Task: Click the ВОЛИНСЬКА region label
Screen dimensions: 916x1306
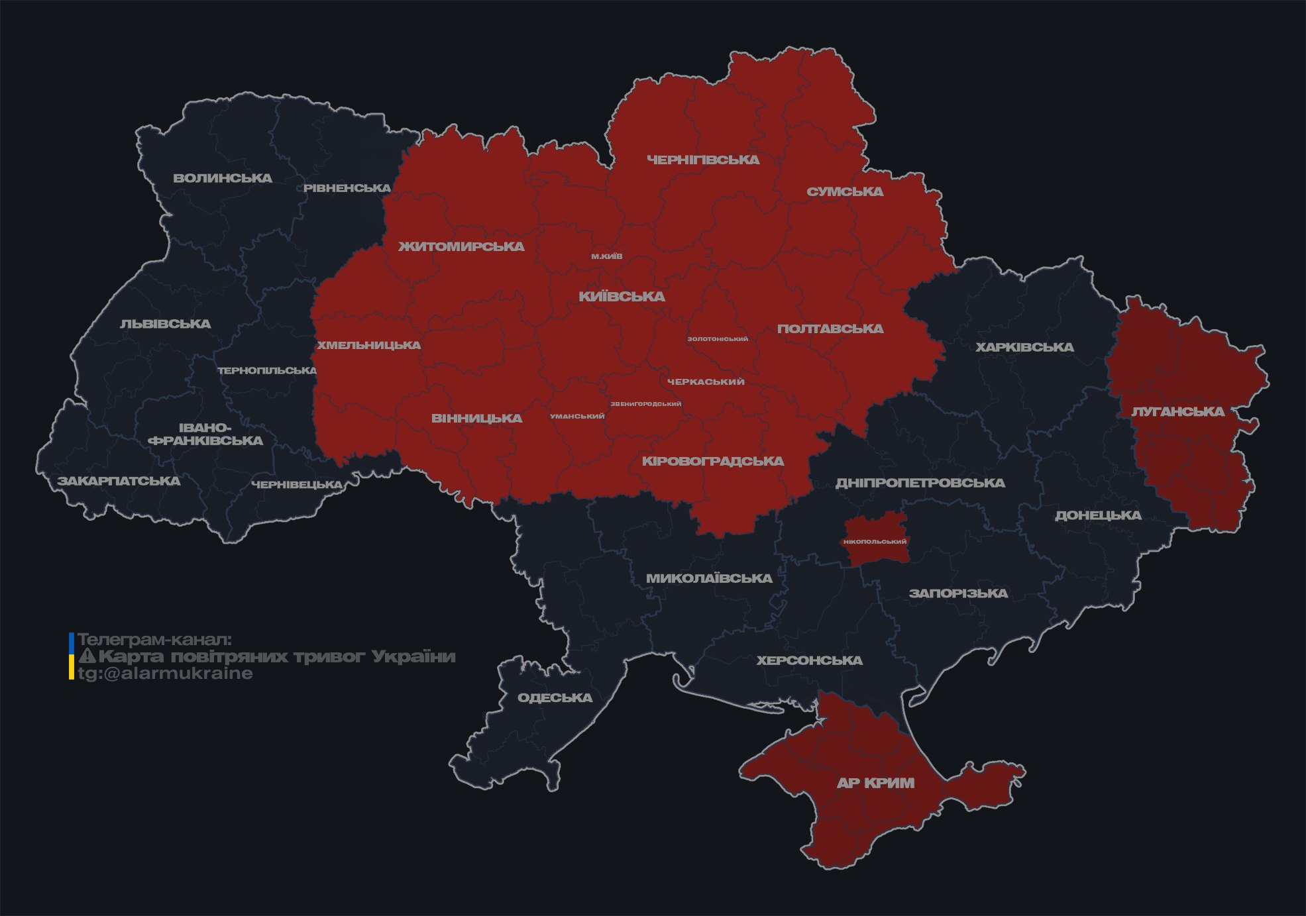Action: pos(223,178)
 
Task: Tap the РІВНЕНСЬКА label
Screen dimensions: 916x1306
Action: pos(347,188)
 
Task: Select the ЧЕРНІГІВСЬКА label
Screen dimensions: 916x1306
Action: pos(703,160)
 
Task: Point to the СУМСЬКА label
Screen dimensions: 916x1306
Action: pos(845,191)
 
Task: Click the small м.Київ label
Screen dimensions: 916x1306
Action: pos(607,256)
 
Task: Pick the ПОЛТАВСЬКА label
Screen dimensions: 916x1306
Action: pos(830,329)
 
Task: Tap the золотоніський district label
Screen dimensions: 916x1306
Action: pos(718,339)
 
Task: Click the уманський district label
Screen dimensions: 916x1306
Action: pos(577,417)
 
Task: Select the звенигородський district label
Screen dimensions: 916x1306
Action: pos(645,404)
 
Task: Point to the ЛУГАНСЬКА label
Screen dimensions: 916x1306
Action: pos(1178,411)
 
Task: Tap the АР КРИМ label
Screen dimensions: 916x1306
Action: pos(875,783)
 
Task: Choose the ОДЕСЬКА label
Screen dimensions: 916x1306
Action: pos(555,697)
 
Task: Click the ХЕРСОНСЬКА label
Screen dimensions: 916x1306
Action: pos(809,660)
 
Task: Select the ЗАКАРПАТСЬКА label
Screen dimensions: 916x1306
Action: pos(119,481)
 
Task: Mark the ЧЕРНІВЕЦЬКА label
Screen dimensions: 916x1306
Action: pos(297,485)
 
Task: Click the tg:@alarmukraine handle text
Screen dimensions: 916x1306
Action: pos(166,674)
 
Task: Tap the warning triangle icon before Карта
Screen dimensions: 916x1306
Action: pos(87,656)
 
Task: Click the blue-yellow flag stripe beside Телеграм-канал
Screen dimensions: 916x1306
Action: pos(72,656)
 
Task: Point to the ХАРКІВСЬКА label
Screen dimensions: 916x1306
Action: pos(1024,347)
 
